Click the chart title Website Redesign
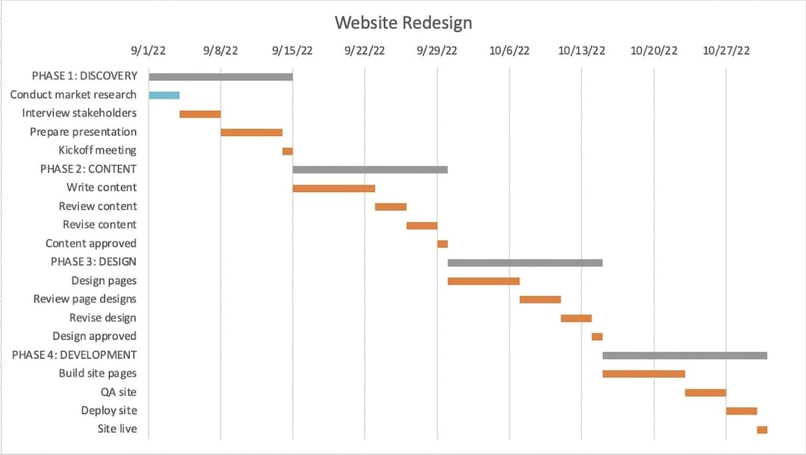coord(403,22)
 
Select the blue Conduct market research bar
coord(164,95)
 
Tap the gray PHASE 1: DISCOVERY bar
coord(221,76)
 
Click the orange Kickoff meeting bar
coord(287,151)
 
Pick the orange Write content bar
coord(334,188)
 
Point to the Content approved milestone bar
coord(443,244)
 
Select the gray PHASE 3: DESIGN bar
coord(525,262)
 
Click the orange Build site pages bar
coord(643,374)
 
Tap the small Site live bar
coord(762,430)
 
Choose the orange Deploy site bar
coord(741,411)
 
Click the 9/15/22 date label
coord(293,51)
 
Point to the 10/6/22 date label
coord(510,51)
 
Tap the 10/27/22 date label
coord(726,51)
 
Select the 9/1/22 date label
coord(149,51)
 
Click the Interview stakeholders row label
coord(79,113)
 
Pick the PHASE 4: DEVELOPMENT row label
coord(75,355)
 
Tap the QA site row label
coord(119,391)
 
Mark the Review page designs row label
coord(85,299)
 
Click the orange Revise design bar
coord(576,318)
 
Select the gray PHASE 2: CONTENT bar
coord(370,170)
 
